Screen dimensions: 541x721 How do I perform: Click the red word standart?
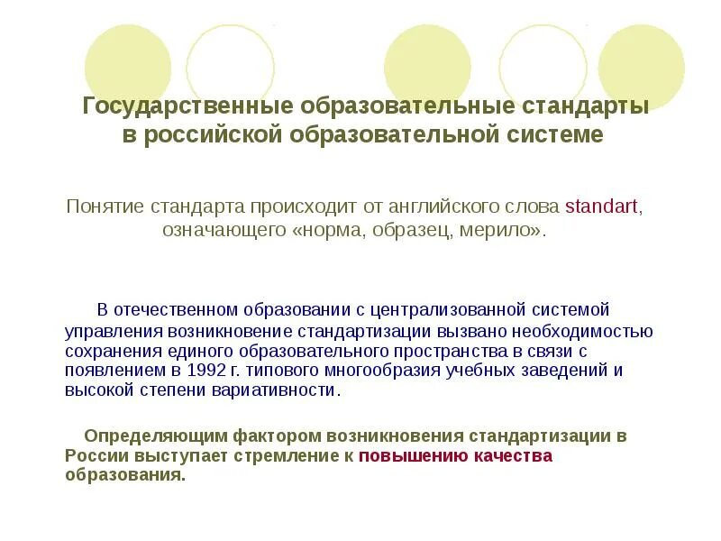pos(602,206)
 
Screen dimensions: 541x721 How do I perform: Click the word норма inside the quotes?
pos(335,230)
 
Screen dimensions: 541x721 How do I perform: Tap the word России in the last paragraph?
pos(88,455)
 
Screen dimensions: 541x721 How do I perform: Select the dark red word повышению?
pos(413,455)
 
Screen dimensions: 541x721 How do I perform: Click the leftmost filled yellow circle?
pos(128,66)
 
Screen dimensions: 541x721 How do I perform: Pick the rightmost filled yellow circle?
pos(642,66)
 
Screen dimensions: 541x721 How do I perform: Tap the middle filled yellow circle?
pos(427,66)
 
